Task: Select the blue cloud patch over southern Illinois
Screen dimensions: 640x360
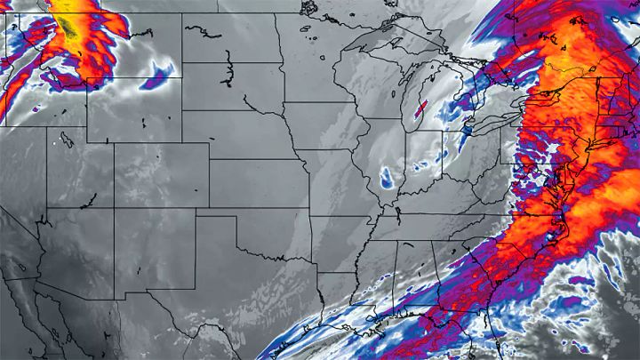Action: pos(387,179)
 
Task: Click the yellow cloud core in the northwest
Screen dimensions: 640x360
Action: pos(68,27)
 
